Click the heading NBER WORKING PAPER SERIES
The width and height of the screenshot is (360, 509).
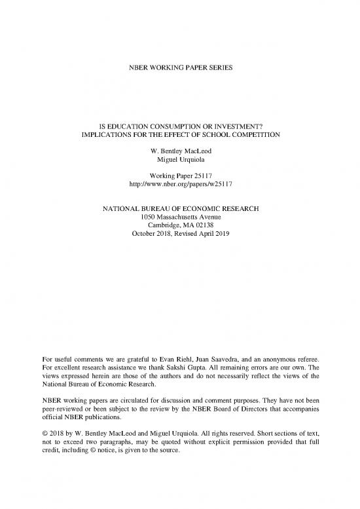[179, 50]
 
